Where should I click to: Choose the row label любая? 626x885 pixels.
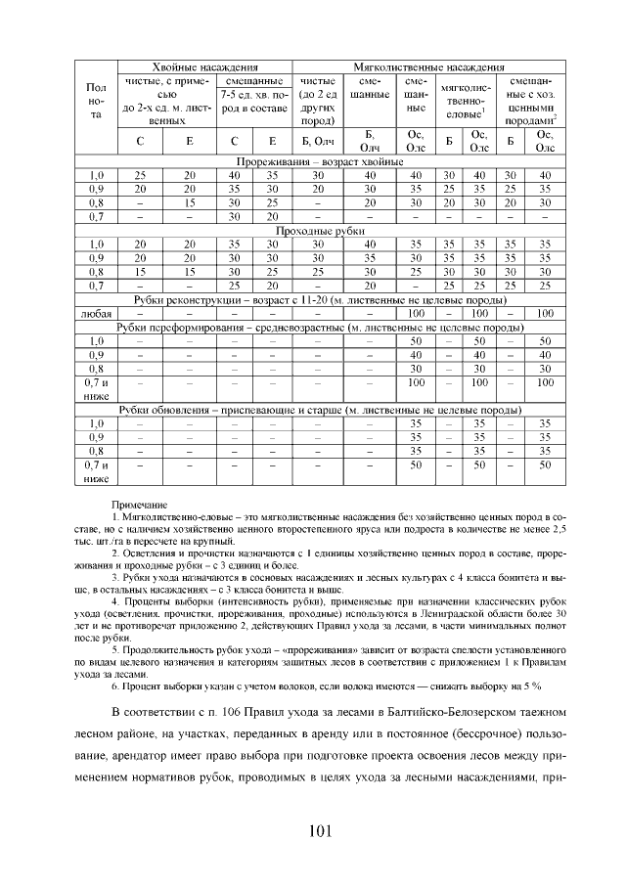[97, 313]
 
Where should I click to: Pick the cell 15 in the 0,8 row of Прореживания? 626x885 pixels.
[190, 202]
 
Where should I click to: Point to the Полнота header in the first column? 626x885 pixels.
[97, 101]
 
